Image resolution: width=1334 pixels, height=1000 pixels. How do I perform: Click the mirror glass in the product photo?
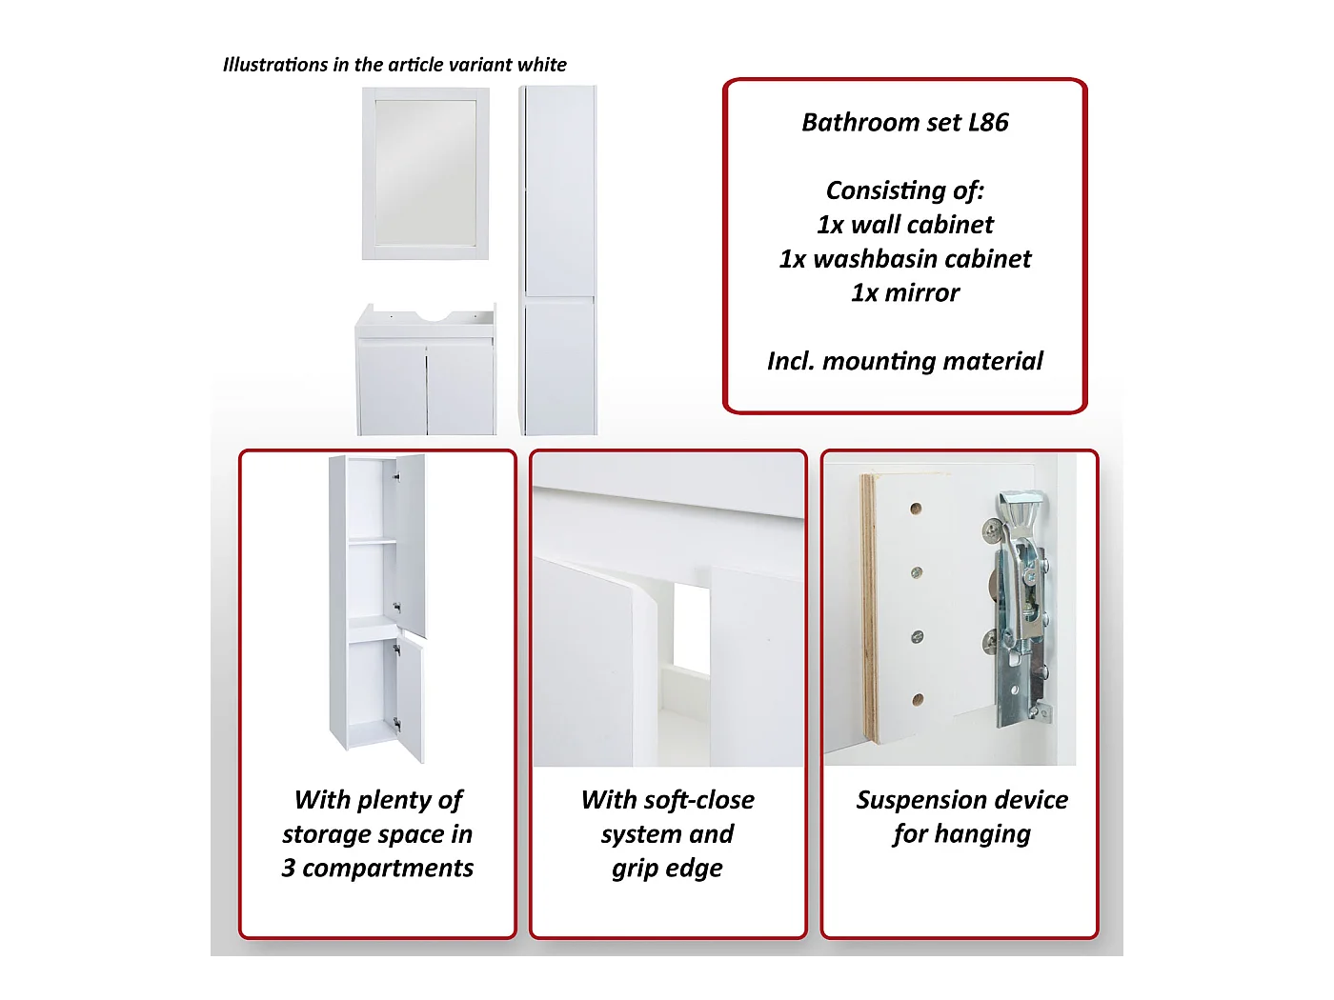click(x=425, y=173)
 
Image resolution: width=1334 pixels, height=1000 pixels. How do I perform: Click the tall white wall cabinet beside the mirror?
click(x=558, y=260)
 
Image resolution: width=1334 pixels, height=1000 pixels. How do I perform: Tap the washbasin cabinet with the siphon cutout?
click(x=425, y=370)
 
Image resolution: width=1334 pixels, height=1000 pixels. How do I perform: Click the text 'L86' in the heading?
click(x=988, y=122)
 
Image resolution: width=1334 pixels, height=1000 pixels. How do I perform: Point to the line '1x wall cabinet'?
click(x=905, y=225)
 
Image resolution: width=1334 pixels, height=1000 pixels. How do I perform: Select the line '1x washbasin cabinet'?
click(x=905, y=259)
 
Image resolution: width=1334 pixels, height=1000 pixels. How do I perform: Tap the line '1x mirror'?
click(x=905, y=292)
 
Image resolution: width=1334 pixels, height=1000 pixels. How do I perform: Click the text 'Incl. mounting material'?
click(x=905, y=361)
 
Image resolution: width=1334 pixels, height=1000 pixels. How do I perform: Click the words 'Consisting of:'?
click(x=905, y=190)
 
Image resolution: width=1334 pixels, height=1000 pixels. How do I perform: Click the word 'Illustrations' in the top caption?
click(x=275, y=65)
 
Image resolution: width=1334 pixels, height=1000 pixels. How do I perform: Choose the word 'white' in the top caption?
click(x=542, y=65)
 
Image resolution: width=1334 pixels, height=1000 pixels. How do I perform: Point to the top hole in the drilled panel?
click(x=917, y=509)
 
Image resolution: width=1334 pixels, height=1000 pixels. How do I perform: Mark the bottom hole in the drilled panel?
click(x=919, y=700)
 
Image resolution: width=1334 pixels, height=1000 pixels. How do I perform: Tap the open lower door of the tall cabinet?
click(x=409, y=698)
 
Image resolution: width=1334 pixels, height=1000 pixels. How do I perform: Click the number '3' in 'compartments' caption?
click(x=289, y=869)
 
